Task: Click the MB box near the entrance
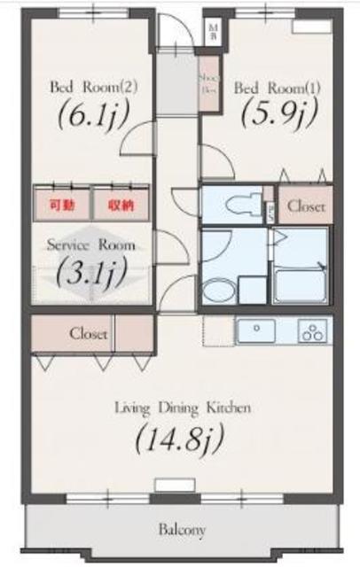point(212,33)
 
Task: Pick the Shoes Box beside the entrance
point(208,84)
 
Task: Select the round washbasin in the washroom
point(216,290)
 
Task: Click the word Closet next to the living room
point(89,334)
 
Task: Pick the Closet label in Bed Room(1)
point(306,206)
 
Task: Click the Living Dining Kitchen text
point(182,408)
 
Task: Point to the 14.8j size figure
point(179,437)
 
